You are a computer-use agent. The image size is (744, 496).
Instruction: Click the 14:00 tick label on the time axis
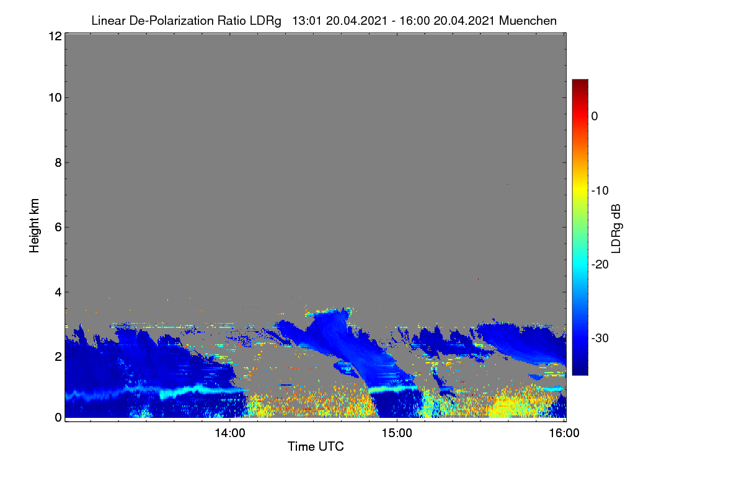pos(230,433)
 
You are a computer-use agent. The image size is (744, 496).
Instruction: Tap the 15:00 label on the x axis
pos(397,433)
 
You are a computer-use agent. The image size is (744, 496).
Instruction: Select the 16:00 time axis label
pos(564,433)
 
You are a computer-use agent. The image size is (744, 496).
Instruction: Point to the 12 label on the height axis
pos(55,36)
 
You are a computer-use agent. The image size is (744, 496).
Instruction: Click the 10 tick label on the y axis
pos(55,98)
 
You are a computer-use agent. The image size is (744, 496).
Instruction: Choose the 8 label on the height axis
pos(58,163)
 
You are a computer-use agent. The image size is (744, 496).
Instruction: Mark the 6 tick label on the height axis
pos(58,228)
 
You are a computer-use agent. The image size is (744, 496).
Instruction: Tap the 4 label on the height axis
pos(58,293)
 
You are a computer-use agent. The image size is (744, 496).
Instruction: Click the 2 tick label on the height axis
pos(58,356)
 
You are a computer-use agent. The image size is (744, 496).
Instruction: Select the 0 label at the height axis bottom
pos(58,418)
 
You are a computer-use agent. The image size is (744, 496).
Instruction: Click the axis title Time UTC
pos(316,446)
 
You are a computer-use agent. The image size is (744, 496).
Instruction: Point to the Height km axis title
pos(34,226)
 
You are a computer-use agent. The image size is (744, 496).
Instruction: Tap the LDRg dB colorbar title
pos(616,229)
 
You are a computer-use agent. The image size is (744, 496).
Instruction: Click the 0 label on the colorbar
pos(595,117)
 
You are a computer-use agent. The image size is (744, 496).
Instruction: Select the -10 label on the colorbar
pos(600,191)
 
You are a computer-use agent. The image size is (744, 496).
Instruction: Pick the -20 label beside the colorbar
pos(600,265)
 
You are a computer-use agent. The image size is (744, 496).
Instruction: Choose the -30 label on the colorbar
pos(600,338)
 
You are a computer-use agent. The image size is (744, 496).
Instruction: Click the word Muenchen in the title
pos(528,20)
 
